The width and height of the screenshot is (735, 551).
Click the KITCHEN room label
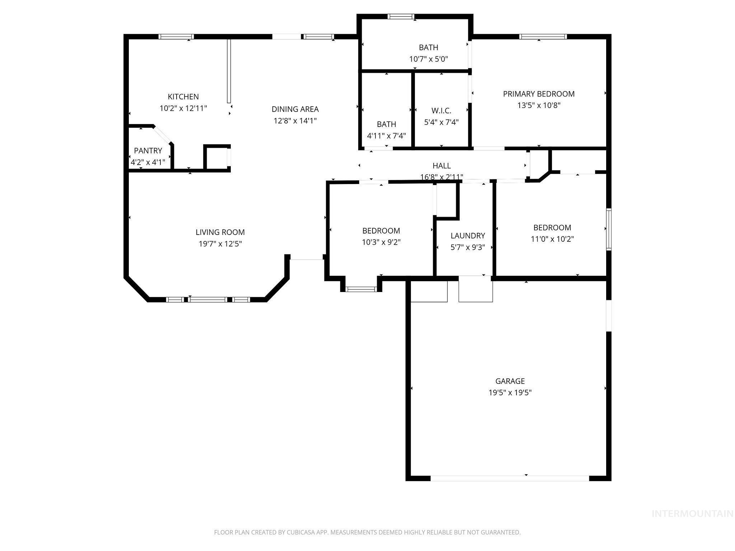(183, 96)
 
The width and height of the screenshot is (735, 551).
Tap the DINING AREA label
(295, 109)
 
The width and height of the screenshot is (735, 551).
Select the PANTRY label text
(148, 151)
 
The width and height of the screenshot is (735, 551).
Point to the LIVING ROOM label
(220, 232)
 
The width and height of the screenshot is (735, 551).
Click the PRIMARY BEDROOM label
(539, 94)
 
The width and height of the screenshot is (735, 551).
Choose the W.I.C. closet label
(441, 110)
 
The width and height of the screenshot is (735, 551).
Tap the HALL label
(441, 166)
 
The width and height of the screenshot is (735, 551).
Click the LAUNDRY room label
(468, 236)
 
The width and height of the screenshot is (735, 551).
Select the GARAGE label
(510, 381)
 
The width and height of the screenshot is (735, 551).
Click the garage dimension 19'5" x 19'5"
(510, 392)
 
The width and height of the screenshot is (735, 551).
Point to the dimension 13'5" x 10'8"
(539, 105)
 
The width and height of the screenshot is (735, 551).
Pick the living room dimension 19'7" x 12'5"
(220, 244)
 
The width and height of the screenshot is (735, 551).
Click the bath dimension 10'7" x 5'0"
(429, 59)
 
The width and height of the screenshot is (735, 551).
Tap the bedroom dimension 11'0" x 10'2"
(552, 239)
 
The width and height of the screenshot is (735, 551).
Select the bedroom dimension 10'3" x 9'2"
(381, 242)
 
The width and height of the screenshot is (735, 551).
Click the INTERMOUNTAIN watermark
(692, 514)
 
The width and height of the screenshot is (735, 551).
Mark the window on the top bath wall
(401, 17)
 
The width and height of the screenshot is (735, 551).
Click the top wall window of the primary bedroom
(543, 37)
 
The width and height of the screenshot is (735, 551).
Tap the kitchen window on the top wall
(176, 37)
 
